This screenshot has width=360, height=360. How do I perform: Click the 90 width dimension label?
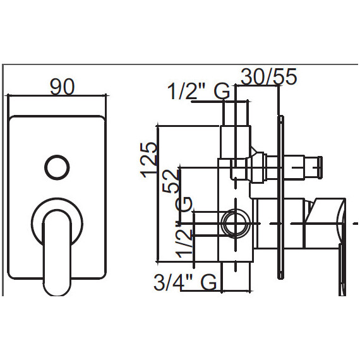[x=63, y=87]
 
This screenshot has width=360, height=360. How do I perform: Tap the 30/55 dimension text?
[x=268, y=76]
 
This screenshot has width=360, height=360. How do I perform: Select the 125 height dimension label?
[x=149, y=160]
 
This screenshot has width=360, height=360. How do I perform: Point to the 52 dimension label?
[x=171, y=181]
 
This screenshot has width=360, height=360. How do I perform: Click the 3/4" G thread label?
[x=185, y=282]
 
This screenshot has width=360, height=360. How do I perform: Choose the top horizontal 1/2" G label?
[x=198, y=91]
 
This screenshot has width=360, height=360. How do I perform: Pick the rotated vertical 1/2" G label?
[x=184, y=227]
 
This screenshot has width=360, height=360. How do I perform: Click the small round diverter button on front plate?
[x=57, y=167]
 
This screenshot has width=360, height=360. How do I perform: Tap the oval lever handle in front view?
[x=57, y=253]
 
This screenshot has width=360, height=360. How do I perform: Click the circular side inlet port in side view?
[x=236, y=223]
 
